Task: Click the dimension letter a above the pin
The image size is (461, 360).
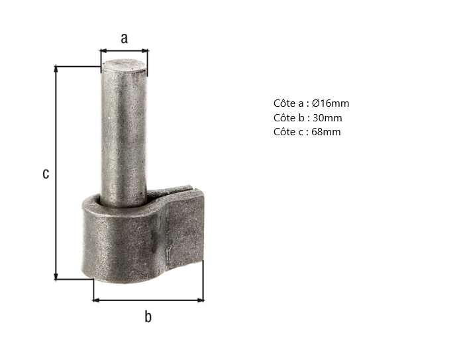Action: pos(125,38)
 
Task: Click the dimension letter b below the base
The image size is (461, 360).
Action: pos(148,316)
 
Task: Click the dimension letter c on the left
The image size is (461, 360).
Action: pos(46,174)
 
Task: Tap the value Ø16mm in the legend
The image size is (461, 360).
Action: pos(331,103)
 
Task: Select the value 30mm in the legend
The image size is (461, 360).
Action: pos(327,118)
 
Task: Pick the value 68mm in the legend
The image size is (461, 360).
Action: pos(326,132)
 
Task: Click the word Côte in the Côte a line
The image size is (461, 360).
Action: pos(285,103)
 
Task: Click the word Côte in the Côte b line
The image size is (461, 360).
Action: pos(285,117)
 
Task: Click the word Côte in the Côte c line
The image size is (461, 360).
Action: pos(285,131)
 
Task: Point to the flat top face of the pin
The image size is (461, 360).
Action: pos(123,65)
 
